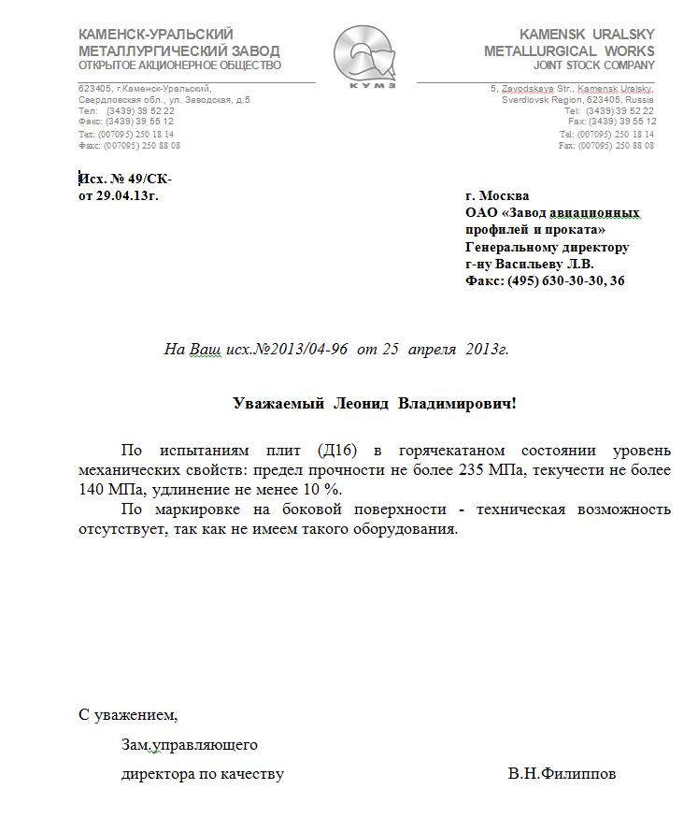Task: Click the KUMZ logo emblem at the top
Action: (365, 56)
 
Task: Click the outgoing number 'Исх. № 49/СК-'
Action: (125, 179)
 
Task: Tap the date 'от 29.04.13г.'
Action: (118, 195)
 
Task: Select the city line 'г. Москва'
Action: (497, 195)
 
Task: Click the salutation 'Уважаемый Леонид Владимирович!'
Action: (374, 403)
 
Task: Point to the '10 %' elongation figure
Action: (321, 489)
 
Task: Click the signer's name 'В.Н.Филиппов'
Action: (562, 774)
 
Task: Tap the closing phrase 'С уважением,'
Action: (128, 715)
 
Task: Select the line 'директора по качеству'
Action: (203, 774)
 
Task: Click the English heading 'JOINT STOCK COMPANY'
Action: (594, 65)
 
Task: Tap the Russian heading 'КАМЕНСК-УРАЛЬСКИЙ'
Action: (156, 35)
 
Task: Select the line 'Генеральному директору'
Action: (547, 247)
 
